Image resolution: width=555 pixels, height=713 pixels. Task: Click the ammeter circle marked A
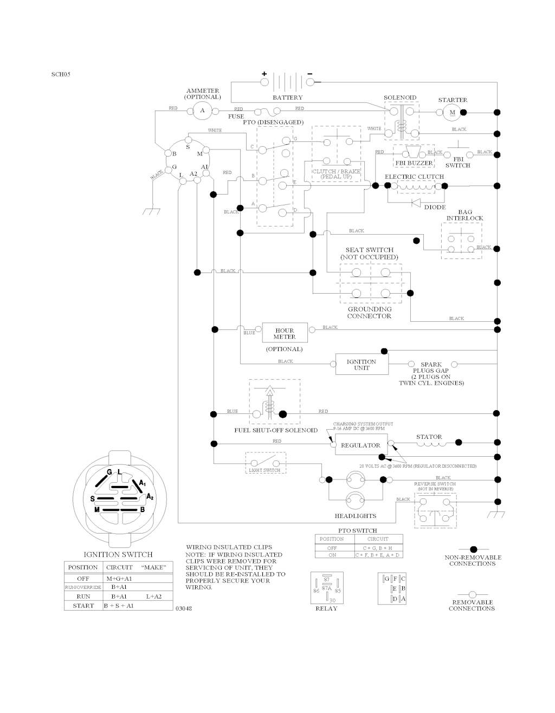coord(203,111)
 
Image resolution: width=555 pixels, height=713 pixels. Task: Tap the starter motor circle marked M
coord(451,112)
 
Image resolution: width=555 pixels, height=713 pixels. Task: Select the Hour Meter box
coord(284,333)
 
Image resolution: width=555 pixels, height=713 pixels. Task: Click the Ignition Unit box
coord(362,365)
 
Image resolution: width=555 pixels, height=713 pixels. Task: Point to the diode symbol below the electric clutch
coord(416,203)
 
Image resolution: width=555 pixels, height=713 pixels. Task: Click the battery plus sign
coord(264,73)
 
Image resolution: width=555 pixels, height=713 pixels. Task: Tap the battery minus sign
coord(310,73)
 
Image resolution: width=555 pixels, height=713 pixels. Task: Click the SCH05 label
coord(61,74)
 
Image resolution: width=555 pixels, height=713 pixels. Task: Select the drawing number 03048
coord(184,608)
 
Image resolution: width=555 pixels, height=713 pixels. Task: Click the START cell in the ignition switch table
coord(83,606)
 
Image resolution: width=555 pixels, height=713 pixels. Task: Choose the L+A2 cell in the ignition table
coord(154,596)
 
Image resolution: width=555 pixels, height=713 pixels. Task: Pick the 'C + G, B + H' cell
coord(378,548)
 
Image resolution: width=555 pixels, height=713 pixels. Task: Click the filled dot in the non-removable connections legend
coord(473,549)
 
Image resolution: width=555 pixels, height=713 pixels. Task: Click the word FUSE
coord(236,116)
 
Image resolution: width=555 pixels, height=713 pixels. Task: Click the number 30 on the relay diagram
coord(333,600)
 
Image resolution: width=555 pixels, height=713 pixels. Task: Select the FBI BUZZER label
coord(414,163)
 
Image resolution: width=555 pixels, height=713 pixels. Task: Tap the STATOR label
coord(429,437)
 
